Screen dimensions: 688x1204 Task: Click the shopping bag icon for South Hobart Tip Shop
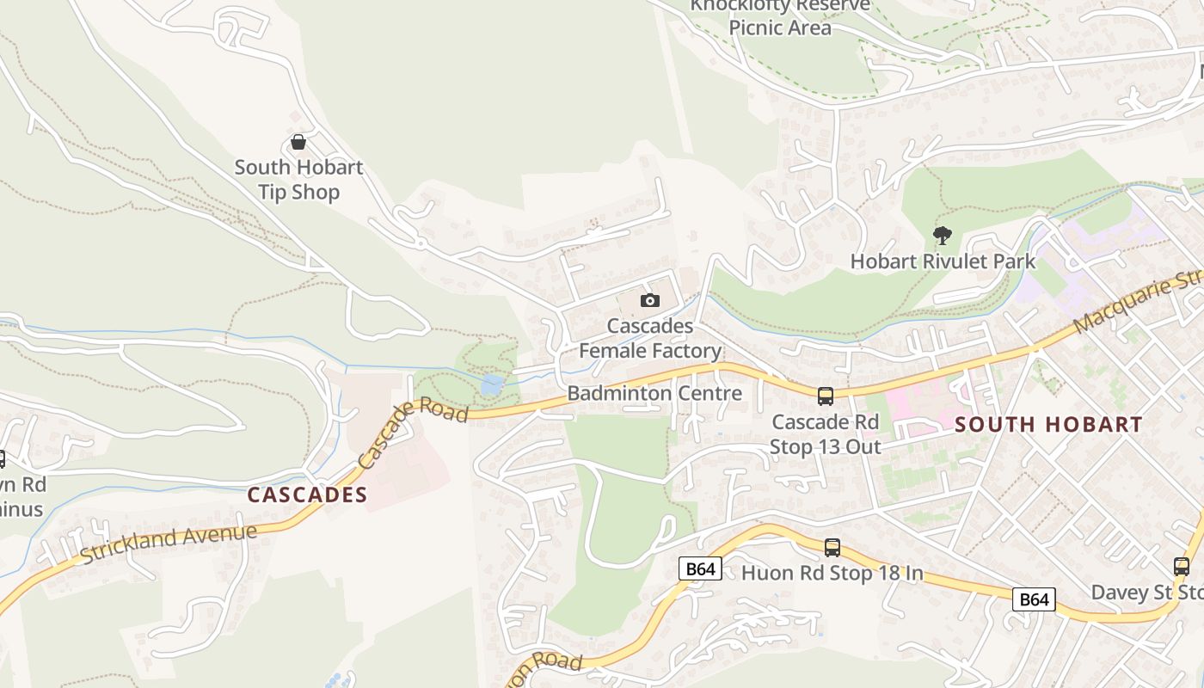tap(298, 142)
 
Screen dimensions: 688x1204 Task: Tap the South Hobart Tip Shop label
tap(298, 180)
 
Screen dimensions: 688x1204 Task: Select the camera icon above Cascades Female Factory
tap(650, 300)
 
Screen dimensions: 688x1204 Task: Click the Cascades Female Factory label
tap(650, 339)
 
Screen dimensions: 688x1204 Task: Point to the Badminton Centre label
tap(654, 394)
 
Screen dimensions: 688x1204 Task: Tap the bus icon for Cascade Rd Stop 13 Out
tap(826, 396)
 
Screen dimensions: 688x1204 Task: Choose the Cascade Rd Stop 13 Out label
tap(826, 434)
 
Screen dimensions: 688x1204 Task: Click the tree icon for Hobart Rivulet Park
tap(943, 235)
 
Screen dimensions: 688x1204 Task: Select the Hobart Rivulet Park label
tap(943, 261)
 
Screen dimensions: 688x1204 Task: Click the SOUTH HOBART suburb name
tap(1048, 424)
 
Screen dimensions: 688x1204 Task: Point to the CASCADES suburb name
tap(307, 495)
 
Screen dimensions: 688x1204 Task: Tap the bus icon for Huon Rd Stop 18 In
tap(832, 548)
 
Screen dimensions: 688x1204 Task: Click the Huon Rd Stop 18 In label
tap(832, 573)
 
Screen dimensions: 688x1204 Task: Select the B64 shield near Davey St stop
tap(1034, 599)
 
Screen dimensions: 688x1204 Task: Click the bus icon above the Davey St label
tap(1182, 567)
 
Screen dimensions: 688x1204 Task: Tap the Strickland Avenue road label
tap(169, 544)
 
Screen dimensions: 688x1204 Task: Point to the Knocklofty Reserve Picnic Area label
tap(780, 17)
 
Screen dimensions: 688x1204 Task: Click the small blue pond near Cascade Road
tap(492, 384)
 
